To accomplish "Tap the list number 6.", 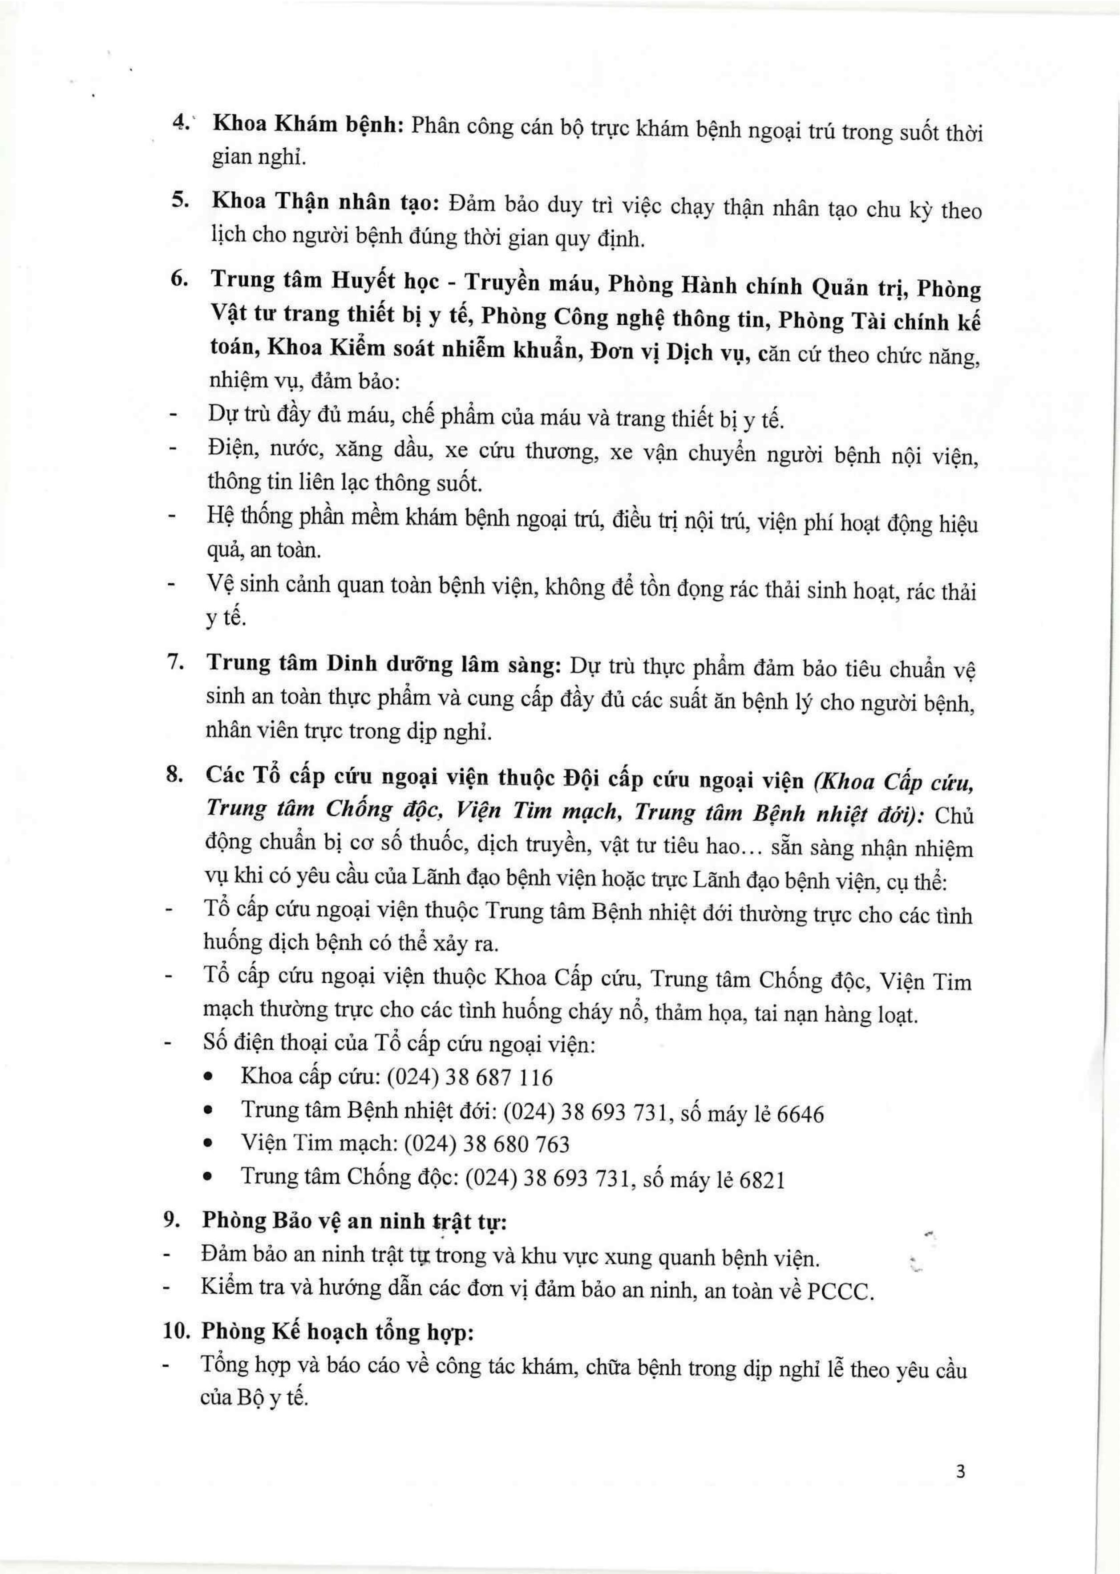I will tap(178, 278).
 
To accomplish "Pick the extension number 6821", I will tap(761, 1180).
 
